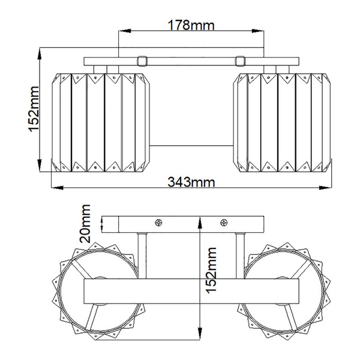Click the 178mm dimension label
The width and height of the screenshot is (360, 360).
pos(191,25)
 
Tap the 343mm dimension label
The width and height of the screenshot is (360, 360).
pos(191,182)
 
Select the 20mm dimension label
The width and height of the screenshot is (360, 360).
pos(85,224)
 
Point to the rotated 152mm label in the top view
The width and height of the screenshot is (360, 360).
pos(34,109)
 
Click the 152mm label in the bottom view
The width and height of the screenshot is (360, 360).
pos(211,271)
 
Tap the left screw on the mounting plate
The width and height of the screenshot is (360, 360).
pos(158,222)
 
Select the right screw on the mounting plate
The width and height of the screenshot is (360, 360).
pos(224,222)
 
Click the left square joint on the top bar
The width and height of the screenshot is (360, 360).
pos(142,61)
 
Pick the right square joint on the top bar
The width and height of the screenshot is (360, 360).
pos(240,61)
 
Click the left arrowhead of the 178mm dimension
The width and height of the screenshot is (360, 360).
pos(125,31)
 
